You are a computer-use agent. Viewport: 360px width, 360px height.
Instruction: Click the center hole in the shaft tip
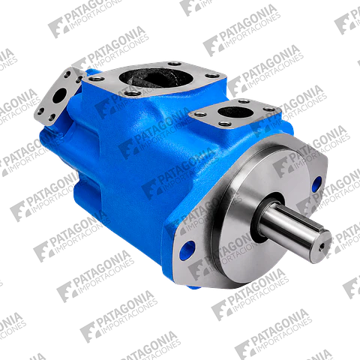tap(322, 246)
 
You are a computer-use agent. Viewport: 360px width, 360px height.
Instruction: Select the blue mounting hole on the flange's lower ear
tap(187, 250)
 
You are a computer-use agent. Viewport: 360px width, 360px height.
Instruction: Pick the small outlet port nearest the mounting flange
tap(236, 112)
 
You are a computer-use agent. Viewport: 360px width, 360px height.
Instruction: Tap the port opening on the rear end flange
tap(59, 95)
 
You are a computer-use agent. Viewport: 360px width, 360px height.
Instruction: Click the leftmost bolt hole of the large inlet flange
tap(96, 79)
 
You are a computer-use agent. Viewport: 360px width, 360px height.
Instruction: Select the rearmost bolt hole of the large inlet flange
tap(175, 64)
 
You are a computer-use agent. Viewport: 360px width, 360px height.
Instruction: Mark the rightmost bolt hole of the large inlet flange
tap(212, 76)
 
